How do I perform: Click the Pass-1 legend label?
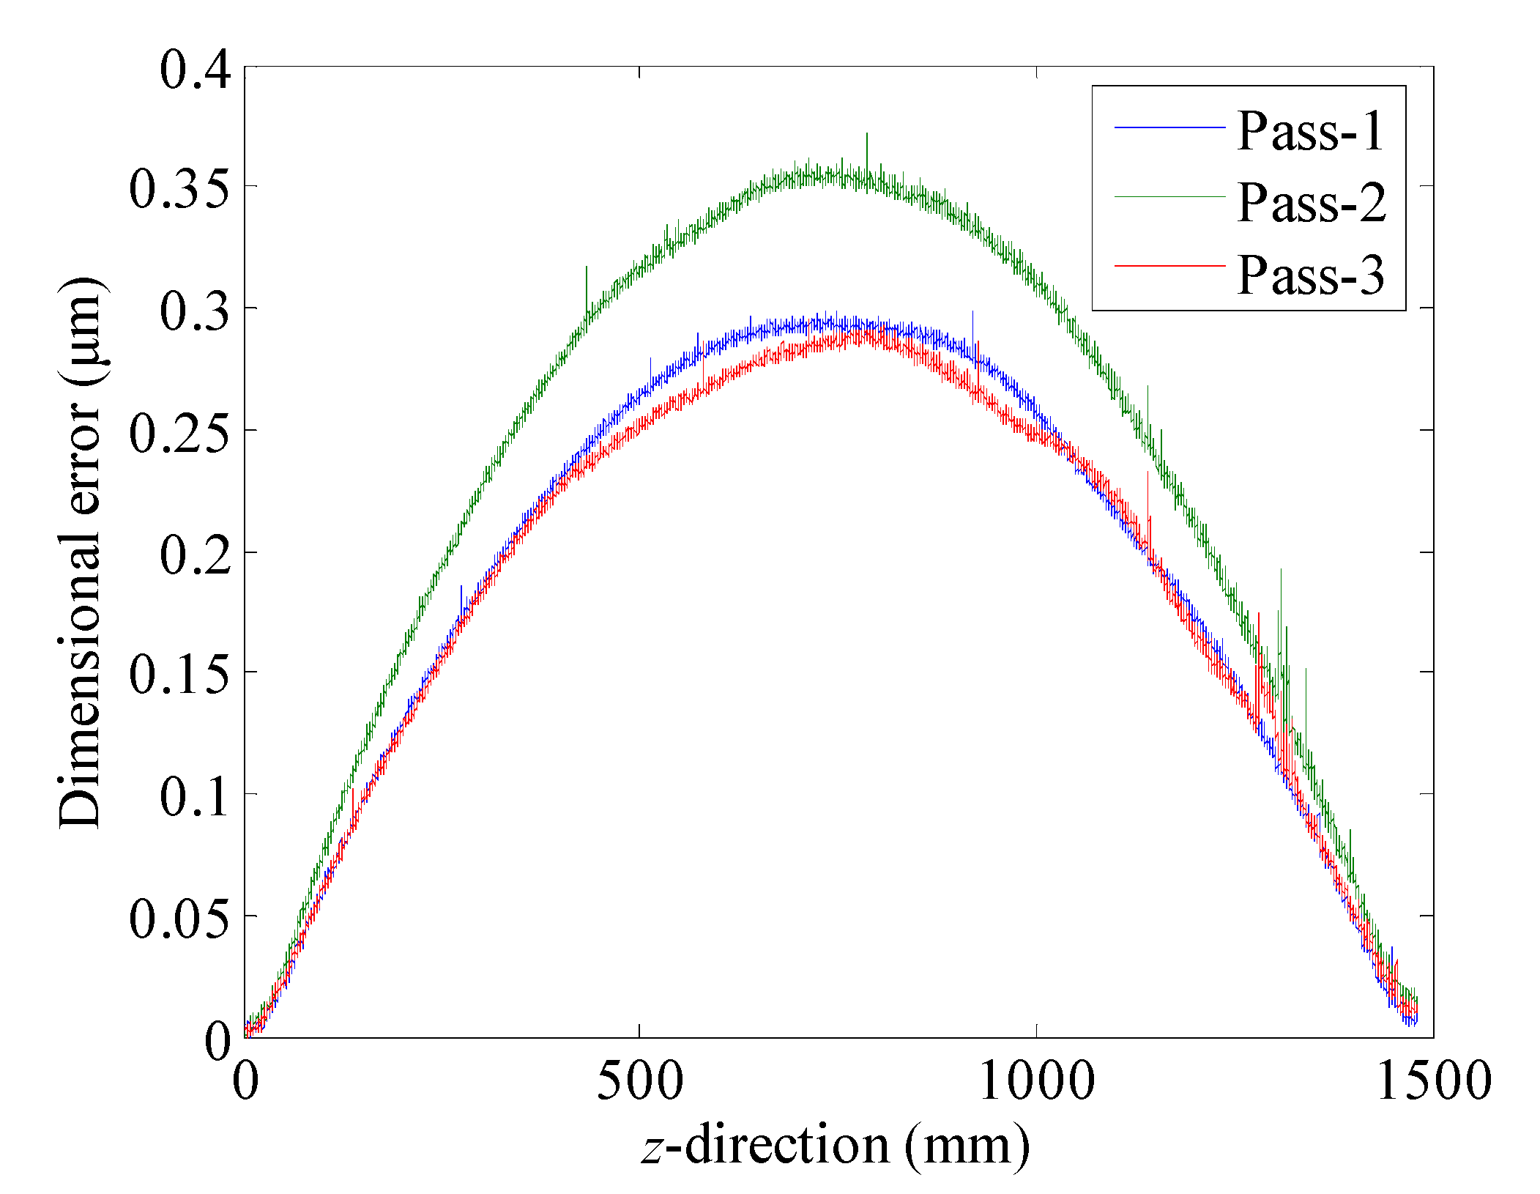pos(1310,132)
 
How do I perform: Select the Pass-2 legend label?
pos(1312,202)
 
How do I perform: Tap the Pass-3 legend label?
pos(1311,275)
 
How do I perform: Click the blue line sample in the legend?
pos(1169,127)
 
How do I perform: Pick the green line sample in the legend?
pos(1169,197)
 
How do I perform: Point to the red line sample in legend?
pos(1169,265)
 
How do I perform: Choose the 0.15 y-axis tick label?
pos(180,675)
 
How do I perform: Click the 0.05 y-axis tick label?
pos(180,919)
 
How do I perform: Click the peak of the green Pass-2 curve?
pos(842,174)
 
